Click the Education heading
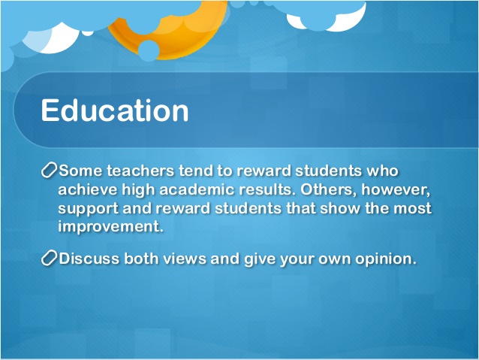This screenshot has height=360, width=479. point(114,111)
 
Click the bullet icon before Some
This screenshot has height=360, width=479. point(48,171)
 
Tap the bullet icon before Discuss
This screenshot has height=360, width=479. point(48,259)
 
